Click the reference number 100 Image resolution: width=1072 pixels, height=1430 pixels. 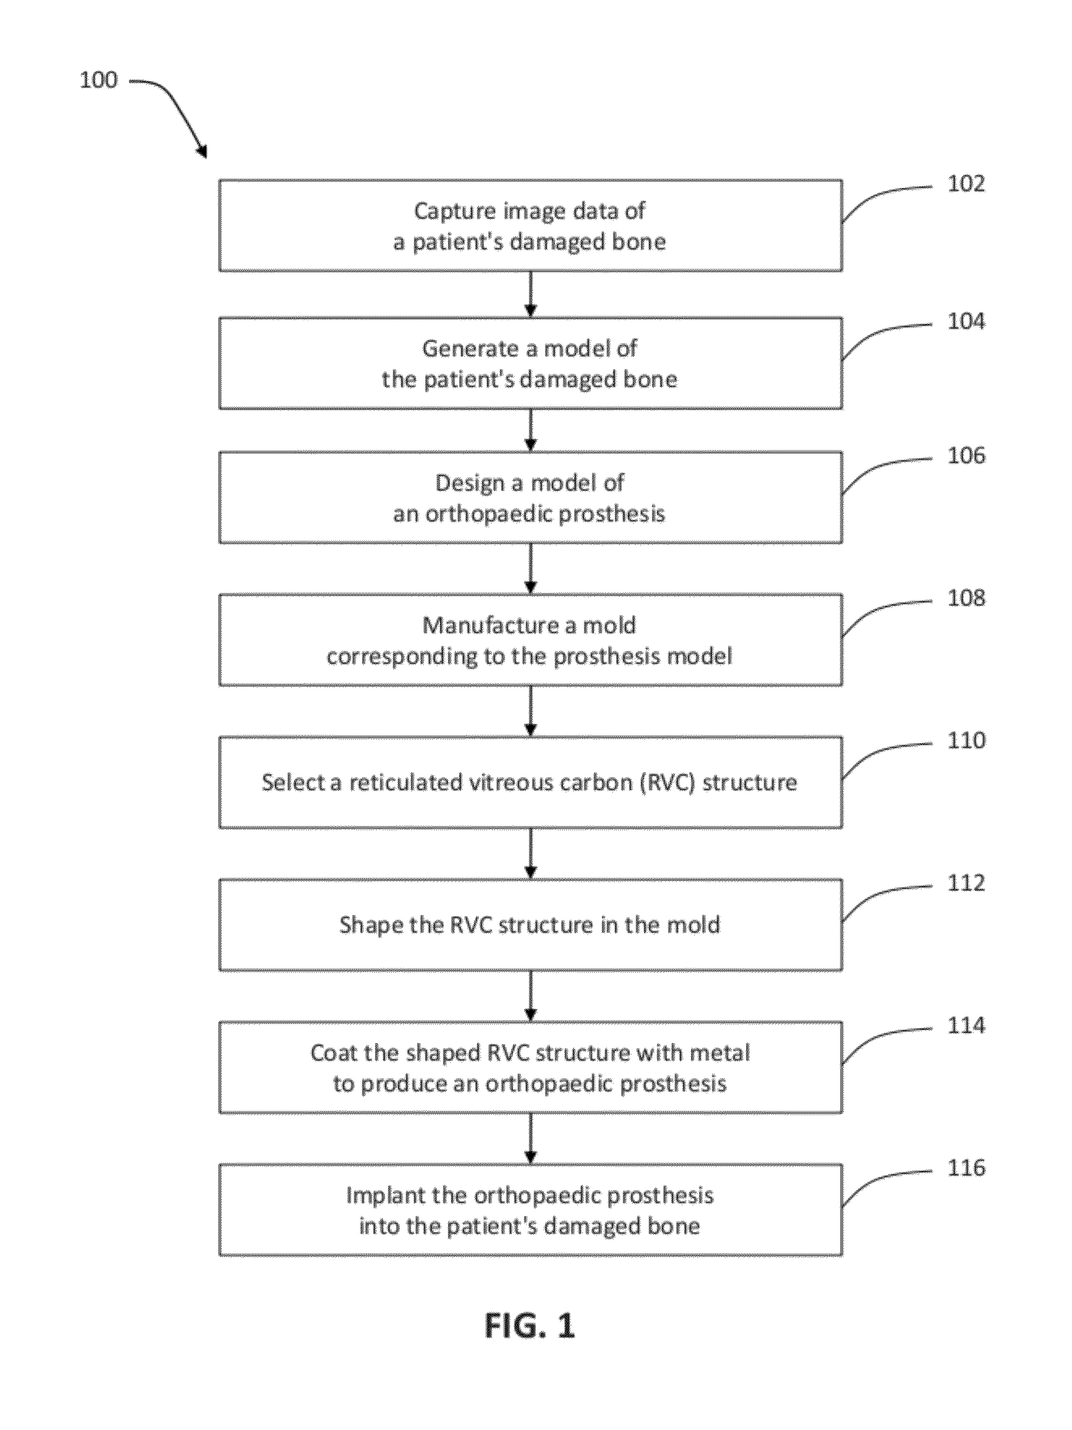point(98,80)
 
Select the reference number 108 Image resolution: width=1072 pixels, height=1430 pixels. point(966,598)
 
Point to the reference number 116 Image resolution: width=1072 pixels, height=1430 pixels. point(966,1168)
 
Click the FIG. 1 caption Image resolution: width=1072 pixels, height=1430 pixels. point(530,1326)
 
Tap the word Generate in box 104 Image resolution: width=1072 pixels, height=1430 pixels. point(470,349)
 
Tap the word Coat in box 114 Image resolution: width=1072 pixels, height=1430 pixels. point(334,1053)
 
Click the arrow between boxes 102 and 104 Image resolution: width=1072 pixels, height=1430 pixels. point(530,294)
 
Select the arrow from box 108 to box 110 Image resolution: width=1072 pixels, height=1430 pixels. point(530,711)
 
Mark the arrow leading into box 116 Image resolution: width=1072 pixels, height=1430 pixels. point(530,1139)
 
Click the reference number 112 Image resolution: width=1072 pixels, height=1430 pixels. point(966,883)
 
